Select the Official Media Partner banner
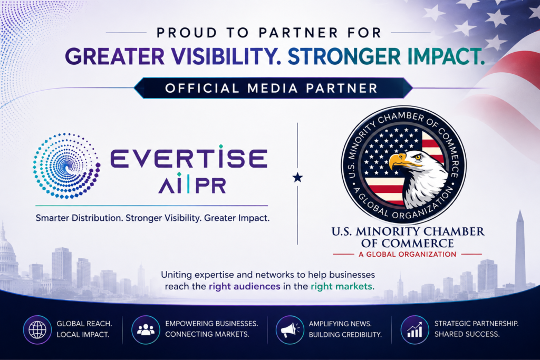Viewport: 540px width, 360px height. coord(273,88)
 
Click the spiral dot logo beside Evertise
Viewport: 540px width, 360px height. coord(66,166)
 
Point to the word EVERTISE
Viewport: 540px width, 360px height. coord(189,158)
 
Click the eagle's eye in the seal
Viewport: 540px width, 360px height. coord(418,157)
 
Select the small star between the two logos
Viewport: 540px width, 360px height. coord(297,178)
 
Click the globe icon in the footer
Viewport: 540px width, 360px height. coord(37,330)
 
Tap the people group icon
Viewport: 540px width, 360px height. coord(146,330)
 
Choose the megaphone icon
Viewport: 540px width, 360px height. coord(290,330)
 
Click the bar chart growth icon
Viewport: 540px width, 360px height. coord(414,330)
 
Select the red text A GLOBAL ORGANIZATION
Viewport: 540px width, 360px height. coord(408,255)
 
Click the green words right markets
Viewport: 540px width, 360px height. coord(342,286)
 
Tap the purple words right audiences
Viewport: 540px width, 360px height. coord(245,286)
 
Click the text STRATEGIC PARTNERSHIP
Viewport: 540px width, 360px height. coord(476,324)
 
